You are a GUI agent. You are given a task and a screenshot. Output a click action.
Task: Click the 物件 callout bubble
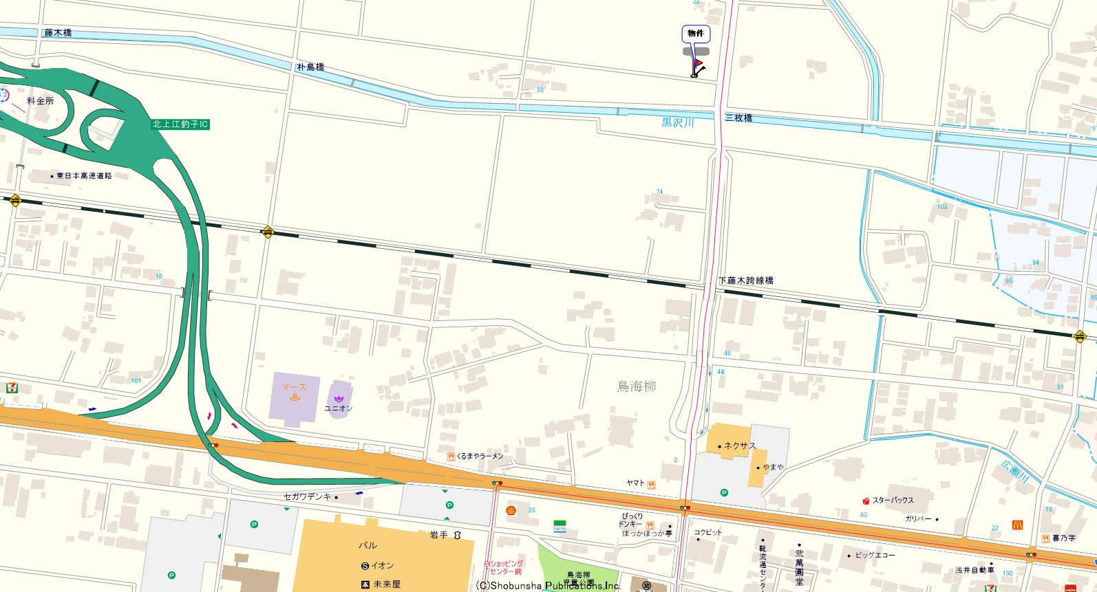696,34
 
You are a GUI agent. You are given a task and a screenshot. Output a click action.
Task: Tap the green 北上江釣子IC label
180,124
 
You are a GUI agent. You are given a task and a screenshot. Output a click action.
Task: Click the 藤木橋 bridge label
58,33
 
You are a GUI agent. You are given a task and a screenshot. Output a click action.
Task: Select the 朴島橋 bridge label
310,67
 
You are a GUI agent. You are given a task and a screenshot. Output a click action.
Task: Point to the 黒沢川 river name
678,123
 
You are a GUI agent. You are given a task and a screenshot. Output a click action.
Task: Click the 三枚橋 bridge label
739,118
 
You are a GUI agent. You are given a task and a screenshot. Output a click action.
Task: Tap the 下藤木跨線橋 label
746,281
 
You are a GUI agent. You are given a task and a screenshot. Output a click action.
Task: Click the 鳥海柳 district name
637,386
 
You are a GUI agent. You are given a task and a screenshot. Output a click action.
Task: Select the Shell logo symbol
511,510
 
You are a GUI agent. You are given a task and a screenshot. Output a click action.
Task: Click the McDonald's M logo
1017,525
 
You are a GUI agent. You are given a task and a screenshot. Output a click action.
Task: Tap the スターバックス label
893,501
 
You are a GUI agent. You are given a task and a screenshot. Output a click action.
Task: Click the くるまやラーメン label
480,457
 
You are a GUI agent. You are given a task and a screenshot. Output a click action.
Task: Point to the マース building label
294,388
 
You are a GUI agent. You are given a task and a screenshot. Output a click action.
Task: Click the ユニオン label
338,408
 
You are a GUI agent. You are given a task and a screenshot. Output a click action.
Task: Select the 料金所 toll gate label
41,101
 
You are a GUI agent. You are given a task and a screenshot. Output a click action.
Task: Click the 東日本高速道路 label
83,176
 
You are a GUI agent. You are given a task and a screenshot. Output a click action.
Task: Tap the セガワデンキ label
307,496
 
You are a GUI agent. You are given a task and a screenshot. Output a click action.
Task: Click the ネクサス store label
740,446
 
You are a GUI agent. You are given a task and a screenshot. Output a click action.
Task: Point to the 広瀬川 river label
1014,472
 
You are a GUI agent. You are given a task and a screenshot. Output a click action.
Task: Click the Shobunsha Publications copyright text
548,586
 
